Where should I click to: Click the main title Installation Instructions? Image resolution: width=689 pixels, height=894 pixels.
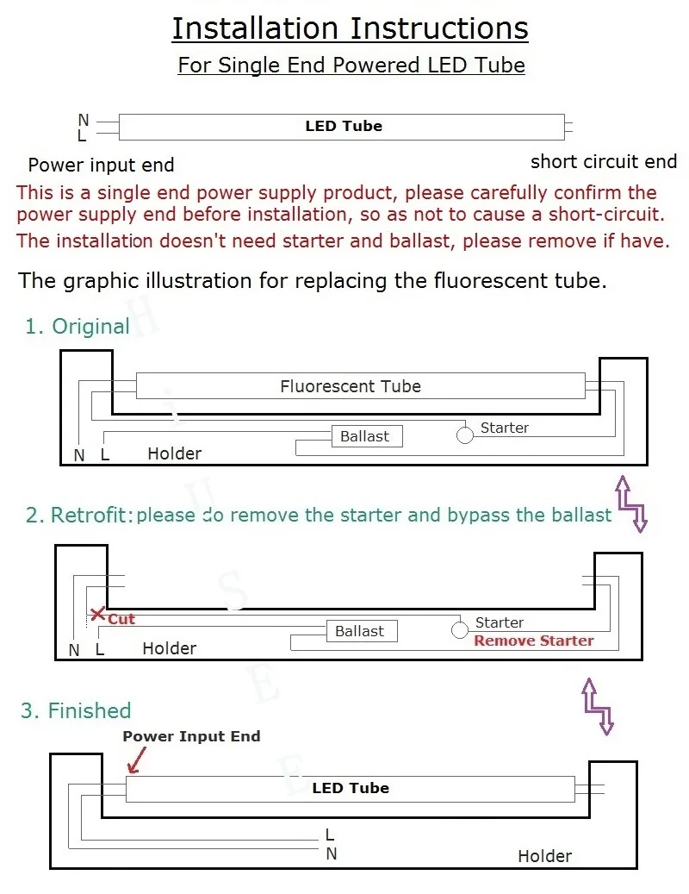350,28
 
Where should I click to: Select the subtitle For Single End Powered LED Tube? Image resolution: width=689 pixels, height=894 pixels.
351,66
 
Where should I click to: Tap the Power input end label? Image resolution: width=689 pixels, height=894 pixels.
101,166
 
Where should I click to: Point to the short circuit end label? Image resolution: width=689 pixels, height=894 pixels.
603,162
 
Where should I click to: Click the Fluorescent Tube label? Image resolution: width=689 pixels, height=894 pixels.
351,386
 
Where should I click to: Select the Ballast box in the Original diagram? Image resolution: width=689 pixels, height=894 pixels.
366,436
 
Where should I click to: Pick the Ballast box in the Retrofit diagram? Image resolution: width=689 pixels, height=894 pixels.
361,631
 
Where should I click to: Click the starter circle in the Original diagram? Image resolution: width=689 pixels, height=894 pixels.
465,434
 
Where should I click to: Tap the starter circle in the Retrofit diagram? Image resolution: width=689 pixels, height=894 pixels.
460,629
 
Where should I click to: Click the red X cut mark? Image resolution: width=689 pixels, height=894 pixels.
98,615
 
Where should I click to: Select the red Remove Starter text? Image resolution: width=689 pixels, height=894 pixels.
533,641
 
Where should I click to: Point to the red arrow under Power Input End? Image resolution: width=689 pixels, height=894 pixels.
133,760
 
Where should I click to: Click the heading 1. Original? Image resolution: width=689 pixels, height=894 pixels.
77,327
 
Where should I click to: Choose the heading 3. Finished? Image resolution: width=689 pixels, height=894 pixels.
76,711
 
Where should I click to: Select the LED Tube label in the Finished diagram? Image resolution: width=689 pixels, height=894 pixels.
351,788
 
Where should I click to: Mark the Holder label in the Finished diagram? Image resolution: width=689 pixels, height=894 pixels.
544,856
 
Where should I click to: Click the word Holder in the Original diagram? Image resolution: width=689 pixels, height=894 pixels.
174,453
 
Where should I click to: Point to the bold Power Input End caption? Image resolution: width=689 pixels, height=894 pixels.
191,736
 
